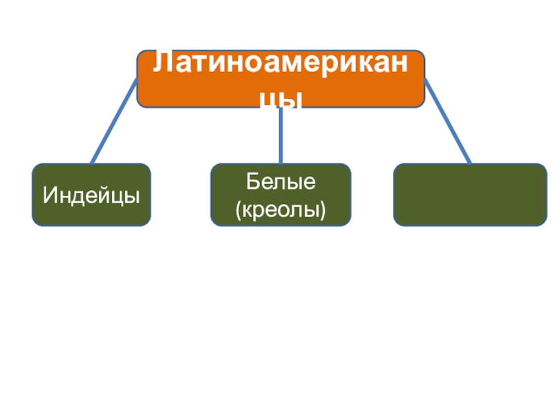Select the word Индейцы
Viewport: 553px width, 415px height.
click(91, 195)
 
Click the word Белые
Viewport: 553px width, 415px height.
click(281, 183)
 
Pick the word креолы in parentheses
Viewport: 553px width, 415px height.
click(281, 207)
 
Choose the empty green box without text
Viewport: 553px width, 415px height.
click(470, 195)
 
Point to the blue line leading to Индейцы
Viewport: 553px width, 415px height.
click(114, 122)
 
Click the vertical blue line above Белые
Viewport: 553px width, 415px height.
click(281, 136)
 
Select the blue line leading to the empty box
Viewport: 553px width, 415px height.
click(447, 122)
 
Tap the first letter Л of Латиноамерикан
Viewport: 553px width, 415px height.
click(161, 64)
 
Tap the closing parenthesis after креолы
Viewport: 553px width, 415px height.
click(323, 207)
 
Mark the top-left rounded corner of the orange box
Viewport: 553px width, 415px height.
click(140, 53)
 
